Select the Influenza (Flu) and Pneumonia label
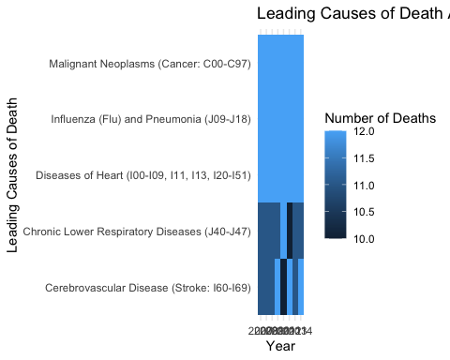pos(150,120)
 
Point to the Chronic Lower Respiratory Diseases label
pos(137,232)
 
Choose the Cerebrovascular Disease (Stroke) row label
pos(147,287)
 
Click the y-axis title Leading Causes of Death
pos(13,175)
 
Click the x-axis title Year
pos(280,347)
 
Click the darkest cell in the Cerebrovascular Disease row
pos(284,287)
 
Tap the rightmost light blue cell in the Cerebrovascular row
pos(301,287)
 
